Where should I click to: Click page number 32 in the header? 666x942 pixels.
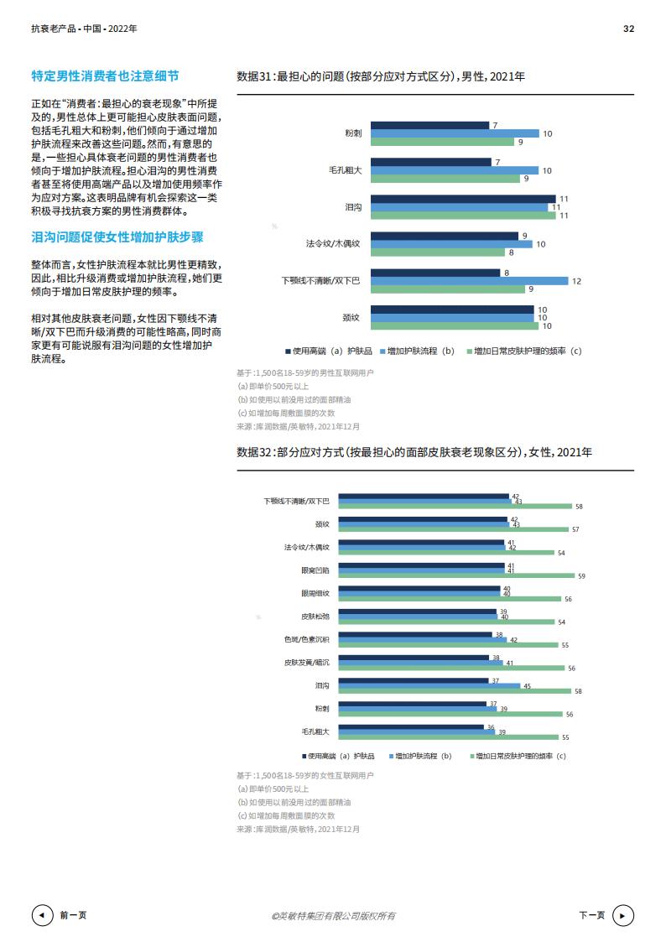click(628, 29)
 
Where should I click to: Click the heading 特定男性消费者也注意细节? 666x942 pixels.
click(105, 76)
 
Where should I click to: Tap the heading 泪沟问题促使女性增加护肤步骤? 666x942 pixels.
click(117, 237)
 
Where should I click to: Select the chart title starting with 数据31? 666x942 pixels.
click(381, 76)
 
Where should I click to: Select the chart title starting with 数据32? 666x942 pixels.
click(414, 452)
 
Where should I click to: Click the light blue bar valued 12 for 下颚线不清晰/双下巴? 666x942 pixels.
click(470, 281)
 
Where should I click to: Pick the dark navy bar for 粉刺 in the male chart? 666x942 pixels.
click(429, 125)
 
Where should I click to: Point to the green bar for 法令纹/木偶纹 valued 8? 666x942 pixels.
click(437, 252)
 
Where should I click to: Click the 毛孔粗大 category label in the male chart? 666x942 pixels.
click(346, 170)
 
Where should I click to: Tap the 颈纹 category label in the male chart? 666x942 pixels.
click(351, 317)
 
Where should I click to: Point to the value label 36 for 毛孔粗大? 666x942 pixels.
click(491, 726)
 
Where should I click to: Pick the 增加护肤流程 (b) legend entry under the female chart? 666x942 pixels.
click(420, 756)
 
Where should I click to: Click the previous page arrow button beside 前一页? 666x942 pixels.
click(41, 915)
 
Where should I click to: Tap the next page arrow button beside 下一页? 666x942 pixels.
click(623, 915)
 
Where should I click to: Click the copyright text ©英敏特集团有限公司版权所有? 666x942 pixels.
click(333, 916)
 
